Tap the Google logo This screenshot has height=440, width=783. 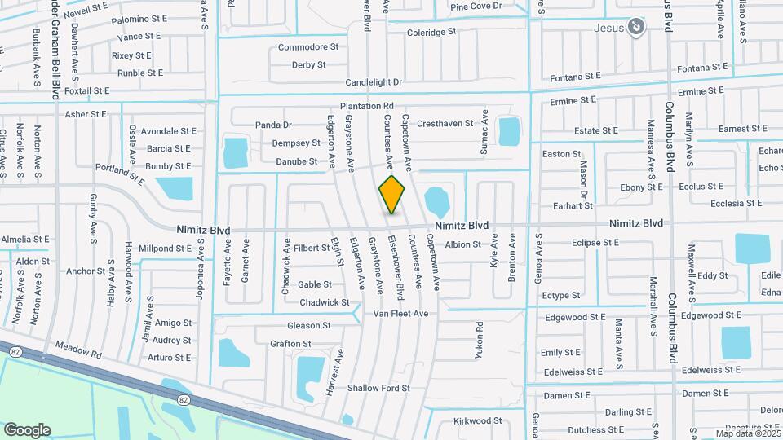pyautogui.click(x=27, y=430)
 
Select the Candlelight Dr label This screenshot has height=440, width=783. pyautogui.click(x=374, y=82)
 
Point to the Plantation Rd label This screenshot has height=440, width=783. pyautogui.click(x=367, y=106)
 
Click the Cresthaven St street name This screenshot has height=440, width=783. pyautogui.click(x=445, y=123)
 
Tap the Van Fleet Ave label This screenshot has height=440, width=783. pyautogui.click(x=400, y=314)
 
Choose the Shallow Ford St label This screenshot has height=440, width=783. pyautogui.click(x=378, y=388)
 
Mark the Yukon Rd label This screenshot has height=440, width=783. pyautogui.click(x=480, y=341)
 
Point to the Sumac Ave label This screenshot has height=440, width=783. pyautogui.click(x=484, y=130)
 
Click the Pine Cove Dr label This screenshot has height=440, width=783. pyautogui.click(x=487, y=7)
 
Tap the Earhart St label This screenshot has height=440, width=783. pyautogui.click(x=572, y=207)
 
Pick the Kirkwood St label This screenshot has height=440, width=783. pyautogui.click(x=478, y=420)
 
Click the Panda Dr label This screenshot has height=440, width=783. pyautogui.click(x=273, y=125)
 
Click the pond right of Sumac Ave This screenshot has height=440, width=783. pyautogui.click(x=509, y=130)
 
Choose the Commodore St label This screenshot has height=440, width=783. pyautogui.click(x=308, y=47)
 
